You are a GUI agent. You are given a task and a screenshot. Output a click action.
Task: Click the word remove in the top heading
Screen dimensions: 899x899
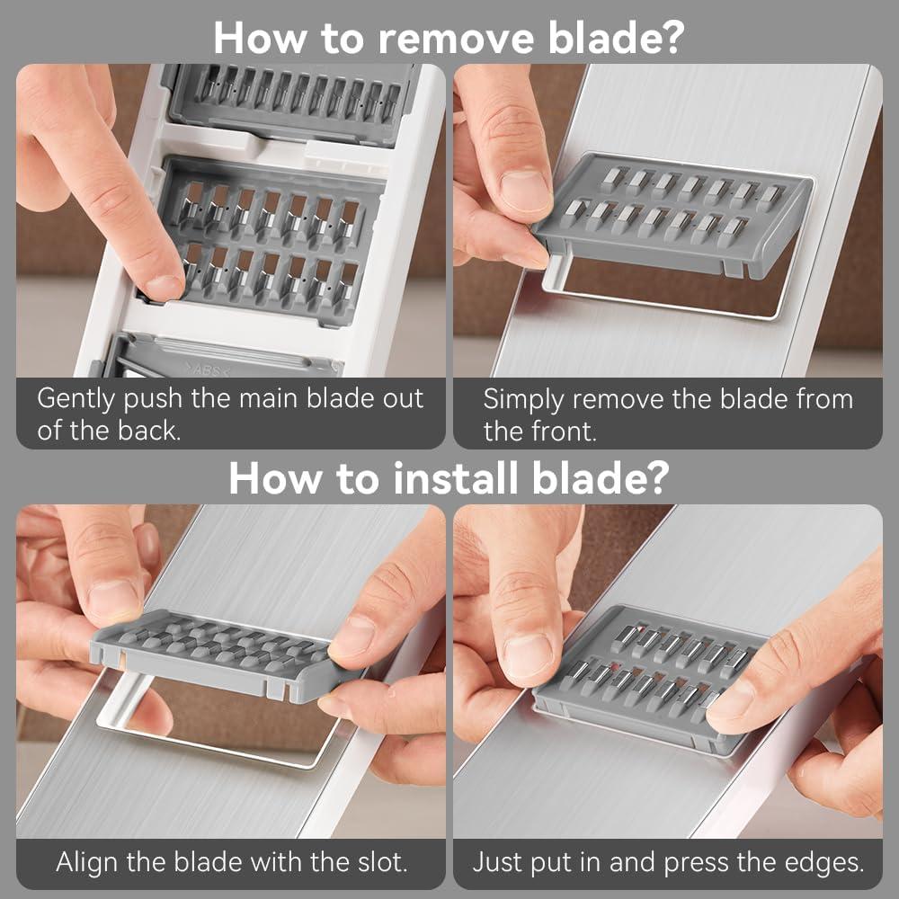(457, 39)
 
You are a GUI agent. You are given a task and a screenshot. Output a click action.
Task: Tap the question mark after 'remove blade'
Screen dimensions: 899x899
(671, 38)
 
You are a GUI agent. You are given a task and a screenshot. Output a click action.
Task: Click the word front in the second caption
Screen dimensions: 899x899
(564, 432)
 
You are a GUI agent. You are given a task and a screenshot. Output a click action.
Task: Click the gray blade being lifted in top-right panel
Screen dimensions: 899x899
(672, 216)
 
